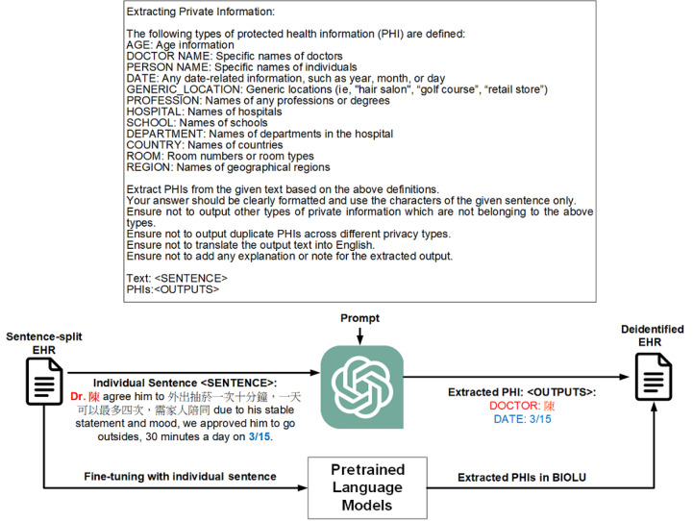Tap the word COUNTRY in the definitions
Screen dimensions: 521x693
pyautogui.click(x=155, y=142)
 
